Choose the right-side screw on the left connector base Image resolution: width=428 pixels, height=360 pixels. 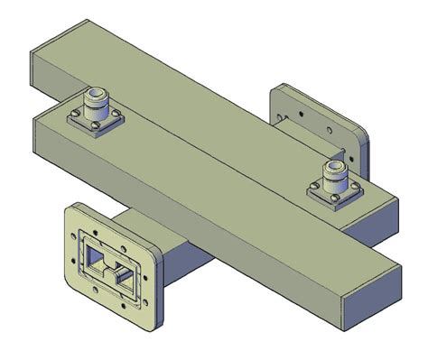tap(115, 117)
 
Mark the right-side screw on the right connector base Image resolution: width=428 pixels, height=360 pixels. tap(355, 191)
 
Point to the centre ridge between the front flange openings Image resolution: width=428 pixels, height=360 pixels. tap(110, 267)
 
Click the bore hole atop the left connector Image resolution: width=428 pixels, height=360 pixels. tap(96, 91)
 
